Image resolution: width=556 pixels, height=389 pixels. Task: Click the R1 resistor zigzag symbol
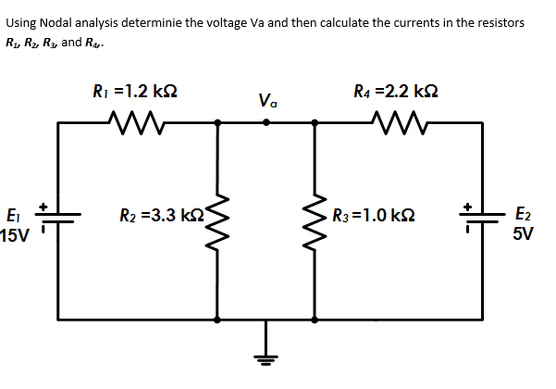click(x=136, y=119)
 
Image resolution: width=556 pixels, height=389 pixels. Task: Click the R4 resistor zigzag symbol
click(x=396, y=119)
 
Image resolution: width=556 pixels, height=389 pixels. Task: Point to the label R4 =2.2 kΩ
click(x=395, y=91)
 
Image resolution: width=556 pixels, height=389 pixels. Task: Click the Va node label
click(x=267, y=99)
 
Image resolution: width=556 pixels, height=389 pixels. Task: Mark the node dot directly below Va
click(x=266, y=120)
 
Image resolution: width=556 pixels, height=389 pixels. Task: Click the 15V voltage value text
click(x=16, y=235)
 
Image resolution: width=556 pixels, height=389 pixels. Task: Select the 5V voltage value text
click(x=522, y=234)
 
